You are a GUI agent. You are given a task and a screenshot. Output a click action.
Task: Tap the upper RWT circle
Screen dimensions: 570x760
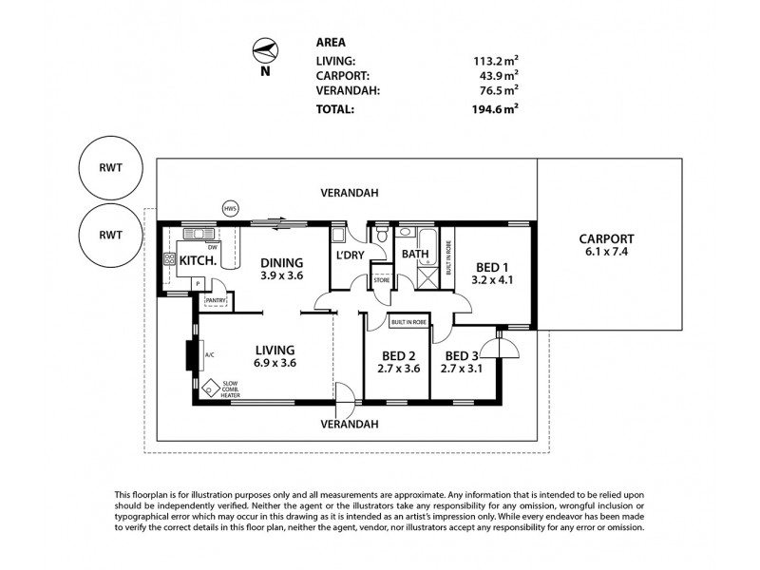[107, 169]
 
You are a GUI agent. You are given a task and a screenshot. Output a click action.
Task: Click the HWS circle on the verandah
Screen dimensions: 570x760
[230, 208]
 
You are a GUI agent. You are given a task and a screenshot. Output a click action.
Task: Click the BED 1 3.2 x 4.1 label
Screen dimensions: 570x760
[493, 275]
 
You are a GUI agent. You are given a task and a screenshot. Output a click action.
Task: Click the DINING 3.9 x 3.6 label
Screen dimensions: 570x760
[281, 269]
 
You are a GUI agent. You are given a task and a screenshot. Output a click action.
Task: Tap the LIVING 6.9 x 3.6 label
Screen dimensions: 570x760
[274, 356]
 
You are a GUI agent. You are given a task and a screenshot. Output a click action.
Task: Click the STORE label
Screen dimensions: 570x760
[381, 279]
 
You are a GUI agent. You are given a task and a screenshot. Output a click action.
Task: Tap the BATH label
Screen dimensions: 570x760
[415, 254]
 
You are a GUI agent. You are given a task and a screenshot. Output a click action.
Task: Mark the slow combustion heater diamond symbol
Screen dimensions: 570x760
[209, 387]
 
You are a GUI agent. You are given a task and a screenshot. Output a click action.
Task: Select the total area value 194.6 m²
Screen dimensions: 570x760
[497, 109]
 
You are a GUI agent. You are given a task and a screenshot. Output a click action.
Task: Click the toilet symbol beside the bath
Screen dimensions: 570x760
[381, 234]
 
